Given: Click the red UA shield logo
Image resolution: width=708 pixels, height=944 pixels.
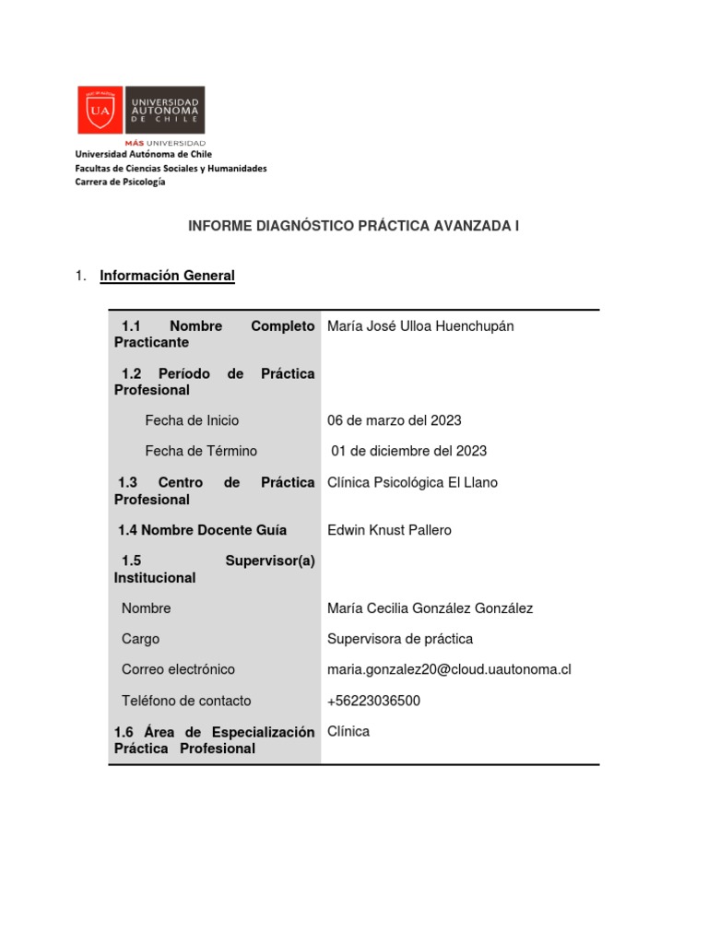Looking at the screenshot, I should [x=99, y=111].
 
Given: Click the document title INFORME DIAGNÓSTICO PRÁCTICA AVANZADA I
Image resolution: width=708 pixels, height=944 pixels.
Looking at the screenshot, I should [x=354, y=225].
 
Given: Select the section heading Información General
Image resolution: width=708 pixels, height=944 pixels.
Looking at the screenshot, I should [x=167, y=276].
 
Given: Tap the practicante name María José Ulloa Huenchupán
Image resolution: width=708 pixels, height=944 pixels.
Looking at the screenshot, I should [x=420, y=326].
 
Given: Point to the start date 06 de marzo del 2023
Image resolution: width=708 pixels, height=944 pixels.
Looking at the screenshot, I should [x=395, y=420].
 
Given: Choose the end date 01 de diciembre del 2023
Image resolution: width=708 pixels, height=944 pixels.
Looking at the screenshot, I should [x=408, y=451].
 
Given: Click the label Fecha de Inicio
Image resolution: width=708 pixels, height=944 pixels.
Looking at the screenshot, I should [x=192, y=420].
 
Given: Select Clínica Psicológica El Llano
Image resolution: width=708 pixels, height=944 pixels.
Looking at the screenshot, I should [x=412, y=482].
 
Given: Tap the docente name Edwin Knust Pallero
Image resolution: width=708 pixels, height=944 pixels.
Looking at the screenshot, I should [x=389, y=530].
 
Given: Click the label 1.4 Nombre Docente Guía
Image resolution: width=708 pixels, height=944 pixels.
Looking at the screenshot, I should [x=202, y=530].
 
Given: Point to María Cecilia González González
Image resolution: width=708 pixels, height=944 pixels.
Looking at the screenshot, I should [x=430, y=608].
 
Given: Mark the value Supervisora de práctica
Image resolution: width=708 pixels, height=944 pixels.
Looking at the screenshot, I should [x=400, y=639].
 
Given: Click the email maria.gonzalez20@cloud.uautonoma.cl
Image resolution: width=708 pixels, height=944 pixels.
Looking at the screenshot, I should [x=449, y=669].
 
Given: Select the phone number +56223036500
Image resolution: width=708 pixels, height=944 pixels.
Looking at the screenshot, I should [x=373, y=701].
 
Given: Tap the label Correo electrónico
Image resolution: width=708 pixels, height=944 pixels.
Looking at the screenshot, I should [x=178, y=669].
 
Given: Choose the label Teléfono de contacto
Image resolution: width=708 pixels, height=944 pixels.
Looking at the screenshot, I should [x=186, y=701].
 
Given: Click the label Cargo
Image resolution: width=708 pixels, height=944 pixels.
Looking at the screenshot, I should [x=140, y=639].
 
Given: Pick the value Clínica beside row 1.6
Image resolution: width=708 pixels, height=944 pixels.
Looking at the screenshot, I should [x=348, y=731].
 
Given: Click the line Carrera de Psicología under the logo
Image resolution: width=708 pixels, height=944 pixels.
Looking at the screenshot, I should [x=120, y=183].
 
